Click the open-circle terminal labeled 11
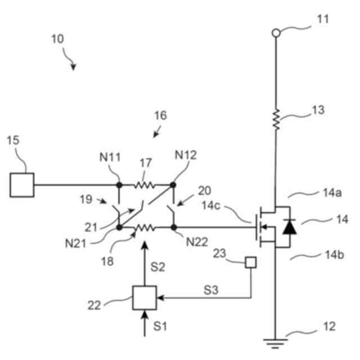(x=276, y=33)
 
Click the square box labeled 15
(x=22, y=184)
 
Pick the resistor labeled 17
(x=145, y=184)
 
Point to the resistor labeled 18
(x=145, y=228)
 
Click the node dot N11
(x=119, y=184)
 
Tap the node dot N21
(x=119, y=228)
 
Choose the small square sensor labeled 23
(x=249, y=262)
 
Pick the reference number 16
(x=160, y=115)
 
